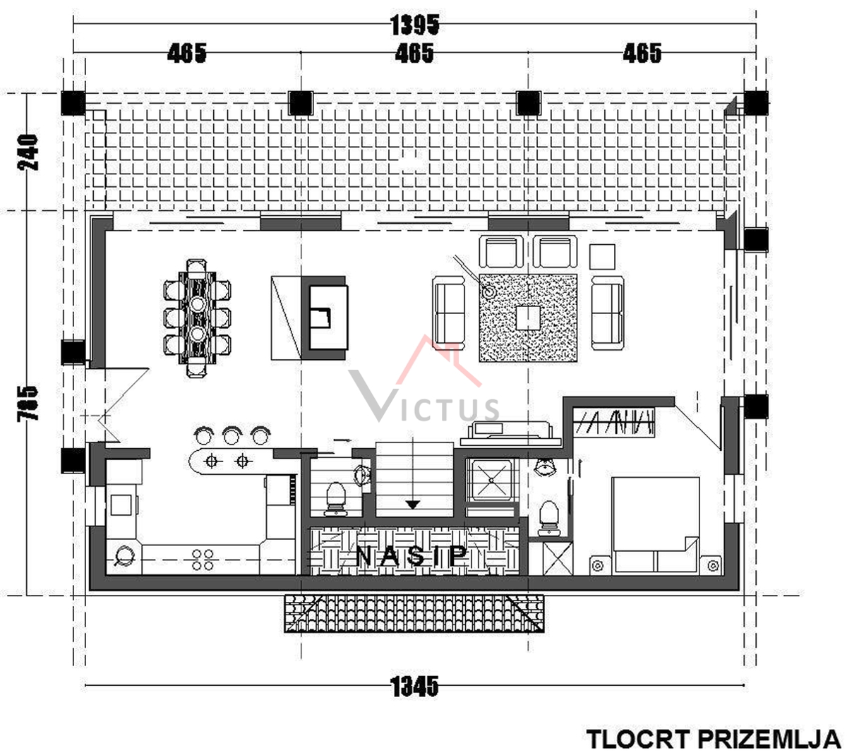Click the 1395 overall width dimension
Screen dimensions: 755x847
coord(414,25)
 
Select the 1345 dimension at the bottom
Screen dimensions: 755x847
coord(414,685)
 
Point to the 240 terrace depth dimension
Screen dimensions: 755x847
coord(29,151)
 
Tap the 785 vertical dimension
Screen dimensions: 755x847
coord(28,403)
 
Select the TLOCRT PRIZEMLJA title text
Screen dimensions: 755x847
coord(713,739)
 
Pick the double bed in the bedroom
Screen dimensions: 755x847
coord(655,525)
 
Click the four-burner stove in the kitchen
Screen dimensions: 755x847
coord(203,560)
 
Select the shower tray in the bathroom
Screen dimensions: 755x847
coord(492,480)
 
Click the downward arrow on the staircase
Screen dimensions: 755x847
coord(413,504)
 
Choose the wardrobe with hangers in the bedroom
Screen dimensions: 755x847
coord(615,421)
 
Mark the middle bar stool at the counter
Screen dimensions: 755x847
coord(232,435)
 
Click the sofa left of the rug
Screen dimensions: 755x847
coord(449,312)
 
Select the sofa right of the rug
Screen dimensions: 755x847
coord(607,312)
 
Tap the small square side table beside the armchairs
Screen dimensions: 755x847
coord(602,255)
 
